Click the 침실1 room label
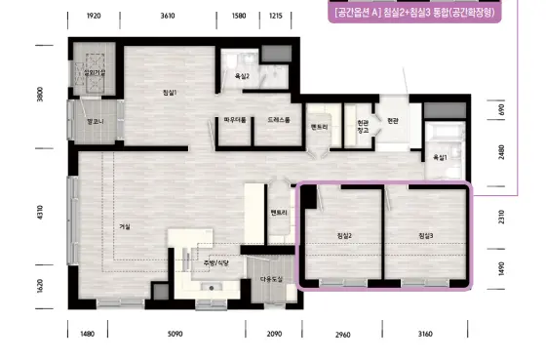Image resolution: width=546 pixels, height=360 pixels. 170,92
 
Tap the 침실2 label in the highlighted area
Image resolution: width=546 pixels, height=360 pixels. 343,236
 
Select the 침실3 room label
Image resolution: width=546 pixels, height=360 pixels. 425,236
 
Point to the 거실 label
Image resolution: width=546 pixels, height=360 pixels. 124,226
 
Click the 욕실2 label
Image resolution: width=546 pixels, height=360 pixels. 242,75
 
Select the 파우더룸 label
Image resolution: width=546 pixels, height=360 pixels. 234,120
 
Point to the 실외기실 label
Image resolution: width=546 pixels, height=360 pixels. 96,72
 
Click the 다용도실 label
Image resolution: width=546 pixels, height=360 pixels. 270,279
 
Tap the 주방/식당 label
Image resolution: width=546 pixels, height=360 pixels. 215,263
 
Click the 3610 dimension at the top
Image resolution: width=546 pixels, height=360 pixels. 168,17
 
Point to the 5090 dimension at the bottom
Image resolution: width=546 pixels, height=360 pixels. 175,334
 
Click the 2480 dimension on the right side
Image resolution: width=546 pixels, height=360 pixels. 501,151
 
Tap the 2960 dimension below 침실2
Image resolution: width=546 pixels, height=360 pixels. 342,335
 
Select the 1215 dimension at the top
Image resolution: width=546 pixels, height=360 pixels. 275,17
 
